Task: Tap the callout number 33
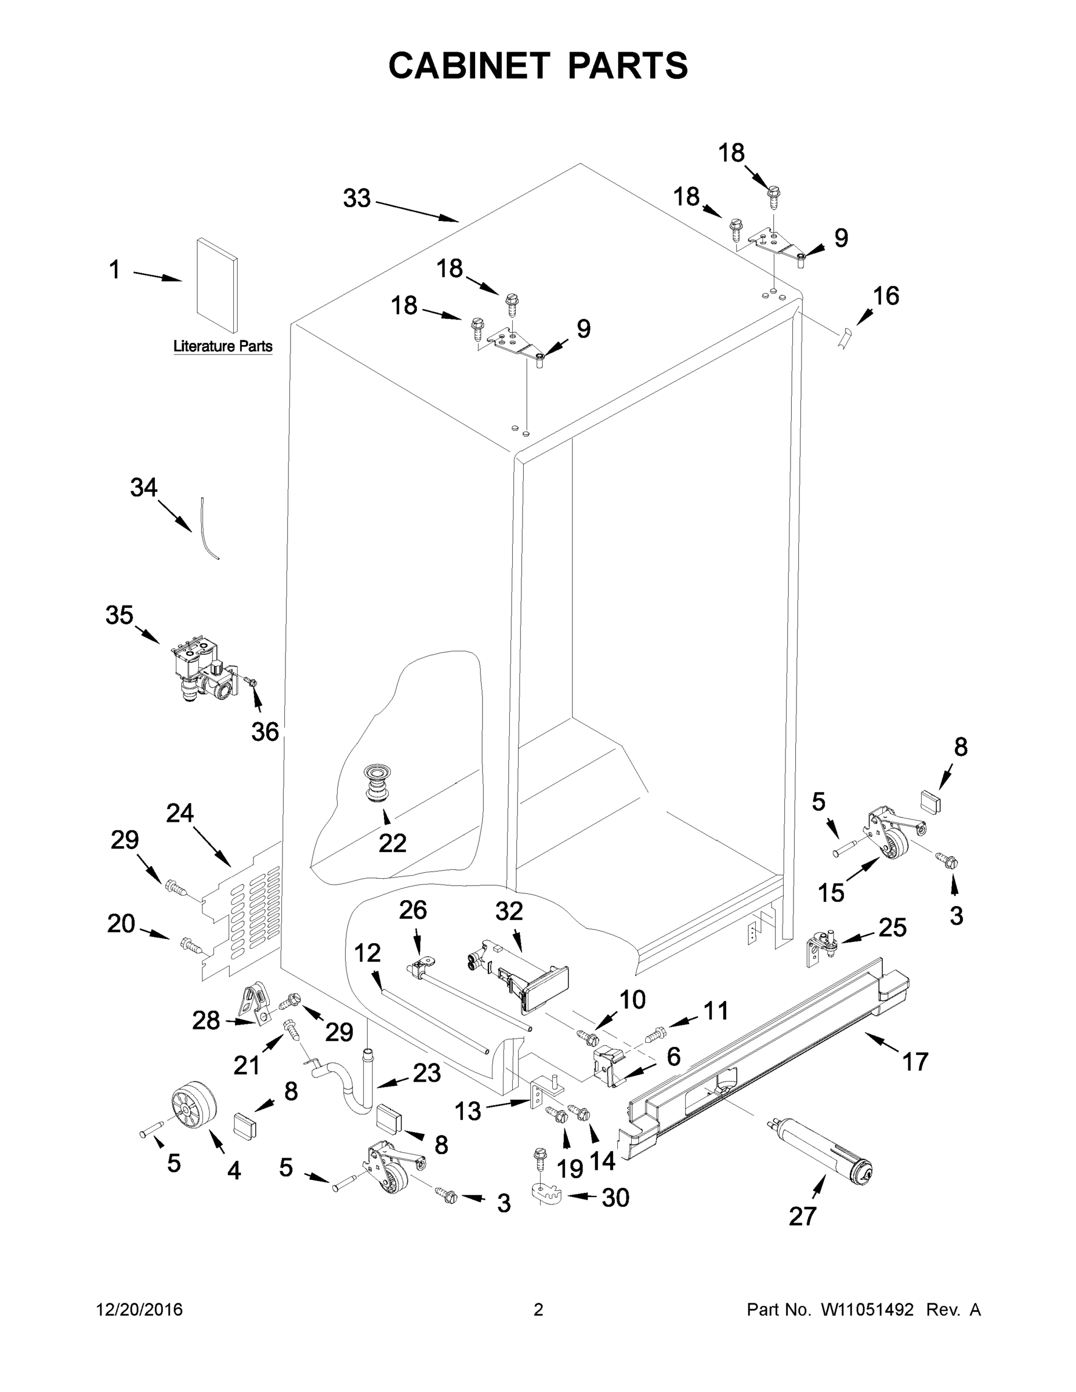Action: pyautogui.click(x=356, y=198)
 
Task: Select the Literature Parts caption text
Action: pyautogui.click(x=223, y=346)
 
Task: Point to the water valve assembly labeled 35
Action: pyautogui.click(x=202, y=666)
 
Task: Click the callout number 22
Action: pyautogui.click(x=392, y=843)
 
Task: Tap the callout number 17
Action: pyautogui.click(x=915, y=1062)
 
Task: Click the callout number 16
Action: pyautogui.click(x=885, y=296)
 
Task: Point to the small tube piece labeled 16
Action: pyautogui.click(x=845, y=336)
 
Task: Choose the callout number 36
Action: pyautogui.click(x=265, y=732)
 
